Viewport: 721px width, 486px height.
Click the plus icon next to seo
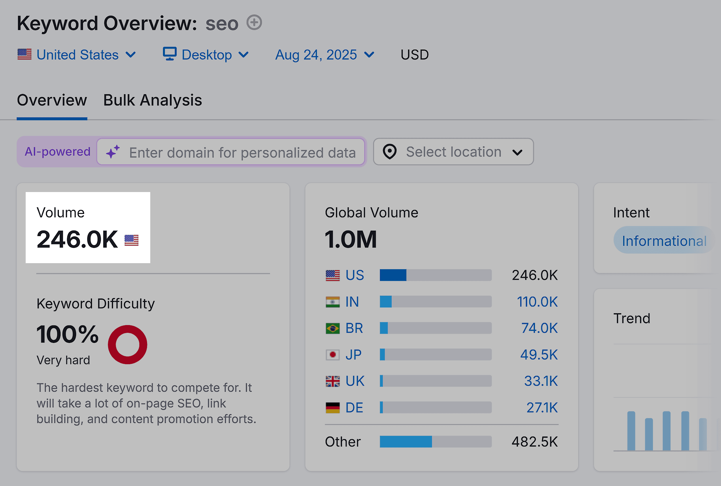[254, 23]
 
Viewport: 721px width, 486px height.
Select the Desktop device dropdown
[206, 55]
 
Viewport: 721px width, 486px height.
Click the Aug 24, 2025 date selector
[324, 55]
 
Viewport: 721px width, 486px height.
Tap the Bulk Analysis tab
[152, 100]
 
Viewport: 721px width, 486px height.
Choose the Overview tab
[52, 100]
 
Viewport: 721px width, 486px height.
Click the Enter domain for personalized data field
[242, 152]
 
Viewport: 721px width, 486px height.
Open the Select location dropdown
[453, 152]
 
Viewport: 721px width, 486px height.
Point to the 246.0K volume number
[77, 240]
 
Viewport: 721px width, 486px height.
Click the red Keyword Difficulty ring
[127, 344]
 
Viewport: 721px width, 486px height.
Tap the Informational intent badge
[664, 241]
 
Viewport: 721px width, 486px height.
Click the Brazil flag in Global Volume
[333, 328]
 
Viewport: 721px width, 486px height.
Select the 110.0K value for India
[537, 302]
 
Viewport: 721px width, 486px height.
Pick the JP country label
[353, 355]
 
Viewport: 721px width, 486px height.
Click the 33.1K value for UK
[541, 381]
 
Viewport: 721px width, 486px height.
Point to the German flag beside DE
[333, 408]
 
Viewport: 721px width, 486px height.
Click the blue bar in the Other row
[405, 442]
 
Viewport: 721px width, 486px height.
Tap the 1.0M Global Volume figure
[351, 240]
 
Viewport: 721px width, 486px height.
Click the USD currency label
[414, 55]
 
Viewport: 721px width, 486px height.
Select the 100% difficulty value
[67, 334]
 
